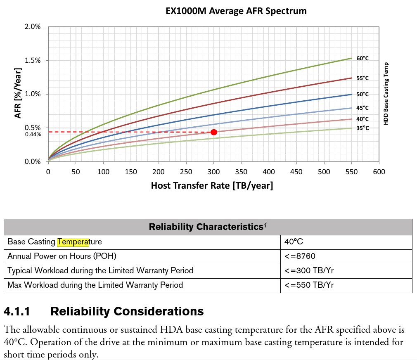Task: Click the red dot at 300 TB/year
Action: click(214, 132)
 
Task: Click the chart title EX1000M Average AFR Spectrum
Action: click(236, 11)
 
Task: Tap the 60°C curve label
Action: click(362, 59)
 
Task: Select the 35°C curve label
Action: click(362, 128)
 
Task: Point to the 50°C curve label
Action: click(362, 94)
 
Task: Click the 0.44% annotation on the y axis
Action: click(33, 134)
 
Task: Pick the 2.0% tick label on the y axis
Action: click(33, 27)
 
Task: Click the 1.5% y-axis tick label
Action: click(33, 61)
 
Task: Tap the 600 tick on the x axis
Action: click(379, 172)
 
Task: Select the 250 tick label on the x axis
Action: click(186, 172)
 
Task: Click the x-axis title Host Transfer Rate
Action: click(212, 186)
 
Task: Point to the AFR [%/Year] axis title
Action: click(18, 93)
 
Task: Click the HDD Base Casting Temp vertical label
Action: click(386, 93)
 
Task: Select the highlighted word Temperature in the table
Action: click(73, 242)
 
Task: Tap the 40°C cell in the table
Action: click(294, 242)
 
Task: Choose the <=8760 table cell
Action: click(300, 256)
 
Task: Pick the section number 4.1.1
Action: click(17, 311)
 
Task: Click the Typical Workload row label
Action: click(100, 271)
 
